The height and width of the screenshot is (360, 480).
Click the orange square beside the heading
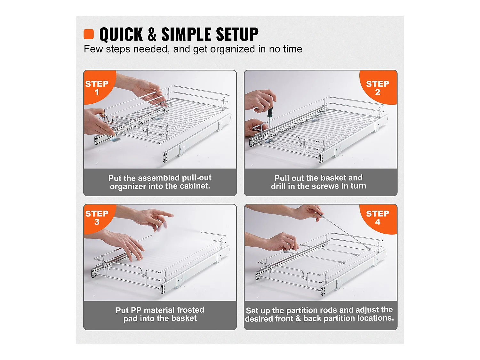(x=89, y=34)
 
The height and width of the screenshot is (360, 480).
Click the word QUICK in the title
(x=121, y=34)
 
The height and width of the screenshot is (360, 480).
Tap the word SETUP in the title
(x=237, y=34)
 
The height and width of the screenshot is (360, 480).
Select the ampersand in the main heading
(x=152, y=34)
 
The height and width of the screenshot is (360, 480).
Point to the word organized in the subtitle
(x=232, y=49)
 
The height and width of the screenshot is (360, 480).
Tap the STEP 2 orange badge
(x=379, y=87)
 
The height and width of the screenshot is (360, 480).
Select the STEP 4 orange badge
(x=379, y=218)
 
